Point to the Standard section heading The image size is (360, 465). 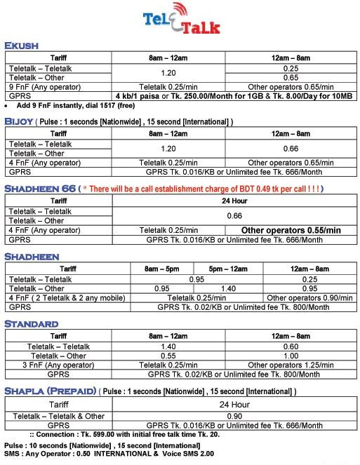click(32, 323)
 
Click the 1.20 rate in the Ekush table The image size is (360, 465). click(168, 72)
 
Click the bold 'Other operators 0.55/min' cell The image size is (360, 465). click(291, 230)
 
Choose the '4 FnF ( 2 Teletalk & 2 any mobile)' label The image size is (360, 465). click(67, 298)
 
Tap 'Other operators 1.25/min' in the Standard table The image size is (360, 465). click(289, 365)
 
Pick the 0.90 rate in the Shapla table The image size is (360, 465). click(234, 416)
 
